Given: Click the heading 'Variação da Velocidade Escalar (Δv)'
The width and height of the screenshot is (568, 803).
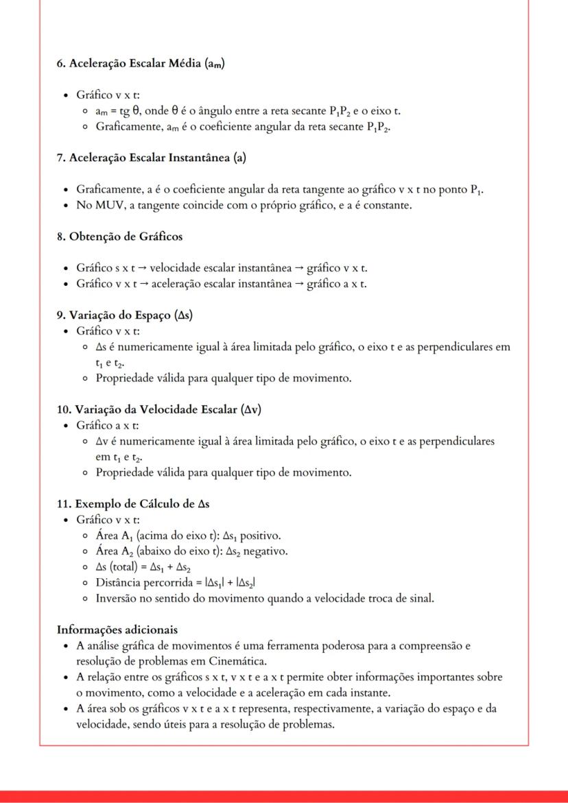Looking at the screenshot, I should [x=158, y=410].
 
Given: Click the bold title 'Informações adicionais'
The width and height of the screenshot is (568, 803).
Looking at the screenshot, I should [x=117, y=630].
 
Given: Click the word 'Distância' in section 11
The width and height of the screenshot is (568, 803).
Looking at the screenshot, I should [x=119, y=583].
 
